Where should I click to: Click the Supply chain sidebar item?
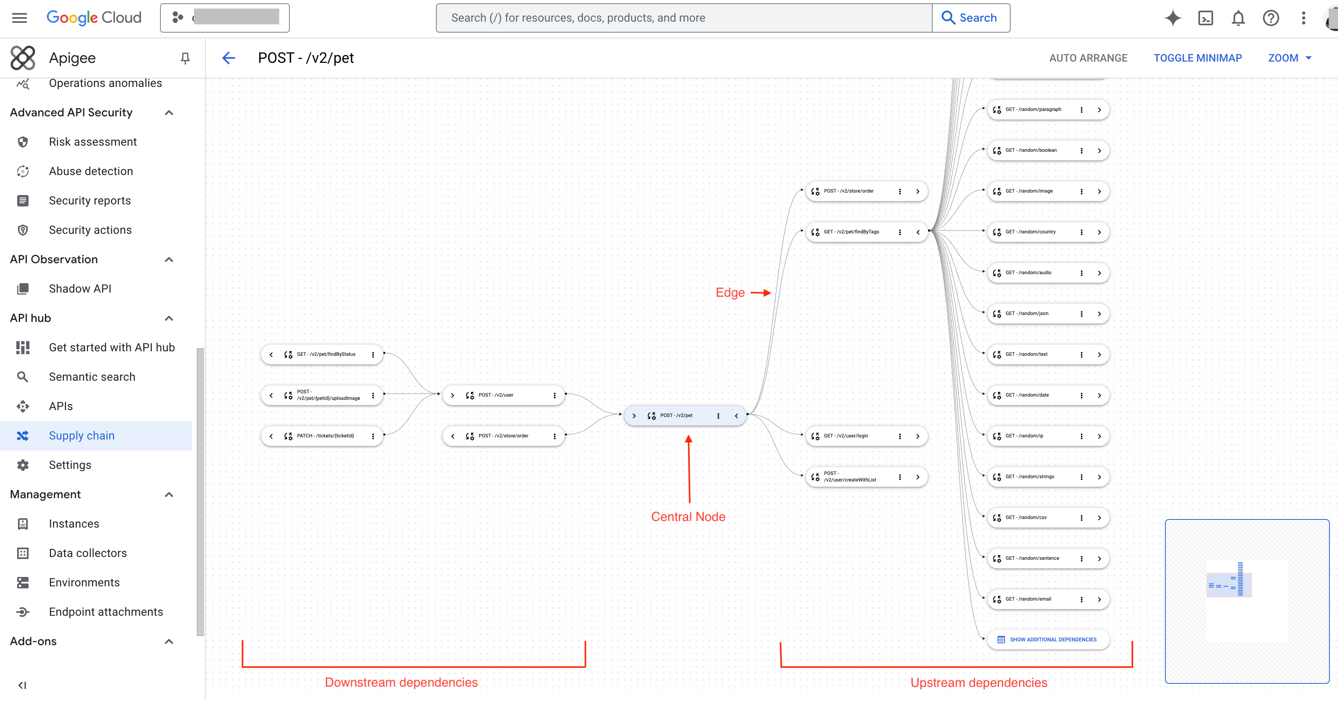click(x=82, y=436)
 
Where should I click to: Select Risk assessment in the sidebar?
click(x=93, y=142)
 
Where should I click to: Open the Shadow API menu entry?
click(x=80, y=289)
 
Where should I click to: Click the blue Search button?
click(x=970, y=18)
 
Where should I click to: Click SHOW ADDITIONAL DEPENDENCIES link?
click(x=1052, y=640)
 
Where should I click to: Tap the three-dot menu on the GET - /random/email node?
click(x=1081, y=599)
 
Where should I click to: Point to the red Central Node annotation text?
click(x=688, y=517)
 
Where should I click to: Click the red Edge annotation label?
click(x=730, y=293)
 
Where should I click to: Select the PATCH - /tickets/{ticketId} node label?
click(x=325, y=436)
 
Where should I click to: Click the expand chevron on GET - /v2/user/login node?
click(x=918, y=436)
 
